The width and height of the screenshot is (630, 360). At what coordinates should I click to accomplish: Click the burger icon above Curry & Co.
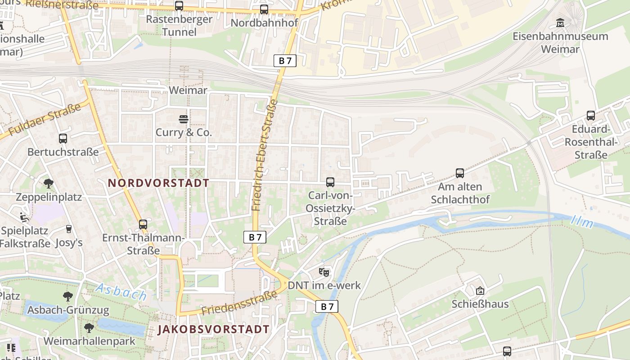[x=183, y=119]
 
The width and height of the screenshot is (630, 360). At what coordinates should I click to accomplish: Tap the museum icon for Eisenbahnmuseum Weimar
[x=560, y=22]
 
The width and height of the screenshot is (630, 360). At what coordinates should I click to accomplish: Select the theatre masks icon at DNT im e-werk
[x=324, y=272]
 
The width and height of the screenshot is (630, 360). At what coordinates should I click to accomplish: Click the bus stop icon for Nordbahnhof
[x=264, y=9]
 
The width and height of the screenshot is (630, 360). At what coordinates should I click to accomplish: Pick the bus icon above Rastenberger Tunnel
[x=179, y=6]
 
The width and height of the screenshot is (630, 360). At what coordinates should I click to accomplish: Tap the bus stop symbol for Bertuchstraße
[x=63, y=139]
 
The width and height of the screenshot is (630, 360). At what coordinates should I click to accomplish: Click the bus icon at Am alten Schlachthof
[x=459, y=173]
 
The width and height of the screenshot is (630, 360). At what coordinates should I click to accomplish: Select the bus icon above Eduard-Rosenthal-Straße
[x=590, y=116]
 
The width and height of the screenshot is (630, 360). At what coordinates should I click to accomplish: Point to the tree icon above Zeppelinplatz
[x=49, y=184]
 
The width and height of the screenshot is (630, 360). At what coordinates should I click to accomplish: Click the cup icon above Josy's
[x=68, y=229]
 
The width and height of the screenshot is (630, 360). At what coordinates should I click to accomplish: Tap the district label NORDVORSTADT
[x=158, y=183]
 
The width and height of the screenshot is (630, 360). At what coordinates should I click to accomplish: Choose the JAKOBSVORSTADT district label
[x=213, y=329]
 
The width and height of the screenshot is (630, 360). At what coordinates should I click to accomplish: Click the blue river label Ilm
[x=582, y=221]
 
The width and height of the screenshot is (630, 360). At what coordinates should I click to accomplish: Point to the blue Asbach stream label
[x=121, y=292]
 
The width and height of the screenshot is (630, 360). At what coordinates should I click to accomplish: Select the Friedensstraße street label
[x=239, y=303]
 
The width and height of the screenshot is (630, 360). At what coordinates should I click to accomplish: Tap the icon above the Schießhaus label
[x=480, y=291]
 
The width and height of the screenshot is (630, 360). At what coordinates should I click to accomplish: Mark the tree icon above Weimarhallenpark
[x=89, y=327]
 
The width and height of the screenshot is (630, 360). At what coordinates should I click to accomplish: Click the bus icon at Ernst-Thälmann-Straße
[x=143, y=224]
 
